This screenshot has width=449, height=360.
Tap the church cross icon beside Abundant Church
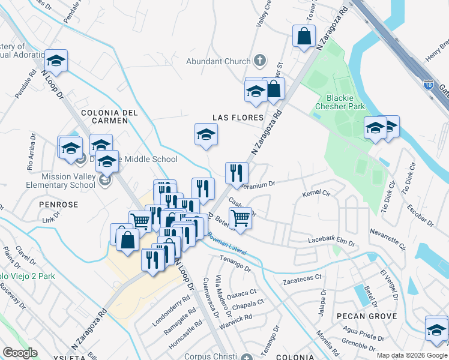point(260,60)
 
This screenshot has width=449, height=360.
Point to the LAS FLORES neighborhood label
point(237,118)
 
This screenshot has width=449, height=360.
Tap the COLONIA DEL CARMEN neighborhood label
point(109,116)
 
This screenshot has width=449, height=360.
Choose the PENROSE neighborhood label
point(59,205)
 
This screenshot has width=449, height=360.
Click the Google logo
point(20,353)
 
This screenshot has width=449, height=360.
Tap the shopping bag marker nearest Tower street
point(304,35)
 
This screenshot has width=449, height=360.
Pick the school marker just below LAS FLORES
point(206,134)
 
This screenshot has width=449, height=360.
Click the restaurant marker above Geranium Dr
point(237,173)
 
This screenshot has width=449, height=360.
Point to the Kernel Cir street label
point(317,194)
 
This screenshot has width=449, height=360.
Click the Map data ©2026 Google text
point(411,355)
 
